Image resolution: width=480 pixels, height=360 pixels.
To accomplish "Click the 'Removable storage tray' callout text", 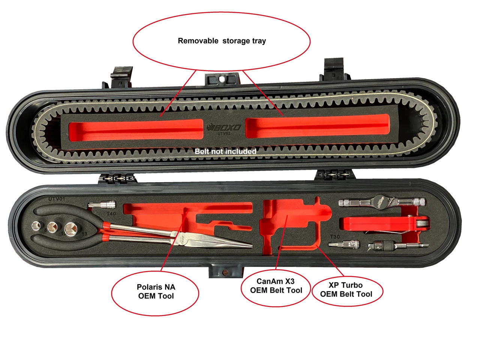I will point(222,41).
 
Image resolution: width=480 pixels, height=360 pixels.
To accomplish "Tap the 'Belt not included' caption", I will point(225,151).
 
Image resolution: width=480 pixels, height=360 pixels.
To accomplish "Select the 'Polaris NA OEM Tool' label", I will point(156,291).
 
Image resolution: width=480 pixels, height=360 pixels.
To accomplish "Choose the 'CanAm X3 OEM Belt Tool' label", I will point(276,286).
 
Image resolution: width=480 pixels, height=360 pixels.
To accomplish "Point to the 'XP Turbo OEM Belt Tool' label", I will point(346,290).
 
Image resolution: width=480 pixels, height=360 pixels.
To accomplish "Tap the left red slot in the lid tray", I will point(136,129).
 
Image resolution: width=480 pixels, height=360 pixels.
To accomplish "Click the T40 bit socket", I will point(102,205).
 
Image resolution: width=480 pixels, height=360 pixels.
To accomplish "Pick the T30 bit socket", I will point(344,244).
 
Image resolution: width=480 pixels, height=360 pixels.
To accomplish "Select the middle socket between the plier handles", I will point(52,228).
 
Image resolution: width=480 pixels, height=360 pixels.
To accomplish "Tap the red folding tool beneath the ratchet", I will point(379,224).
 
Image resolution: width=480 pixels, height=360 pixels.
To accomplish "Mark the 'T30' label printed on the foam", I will point(335,237).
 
